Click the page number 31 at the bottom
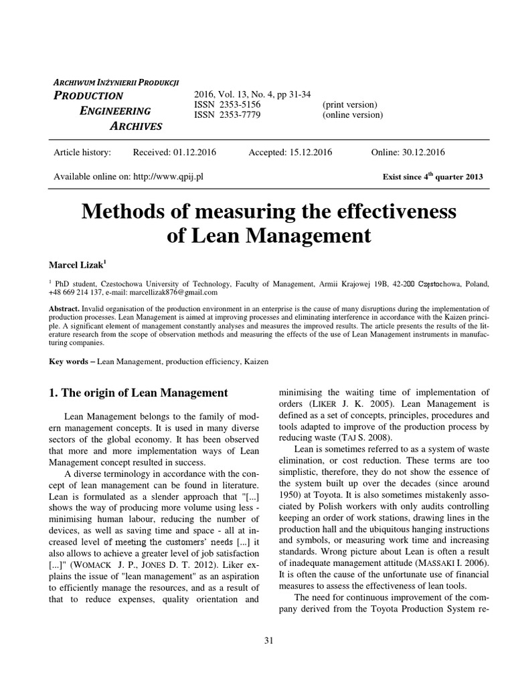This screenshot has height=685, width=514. tap(269, 640)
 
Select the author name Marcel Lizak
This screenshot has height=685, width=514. tap(79, 266)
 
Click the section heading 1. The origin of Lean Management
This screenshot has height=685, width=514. tap(139, 392)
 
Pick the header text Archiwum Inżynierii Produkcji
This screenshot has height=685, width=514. tap(116, 82)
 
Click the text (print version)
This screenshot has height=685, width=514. tap(350, 105)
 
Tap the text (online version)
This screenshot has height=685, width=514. tap(353, 115)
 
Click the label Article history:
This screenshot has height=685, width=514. tap(82, 153)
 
